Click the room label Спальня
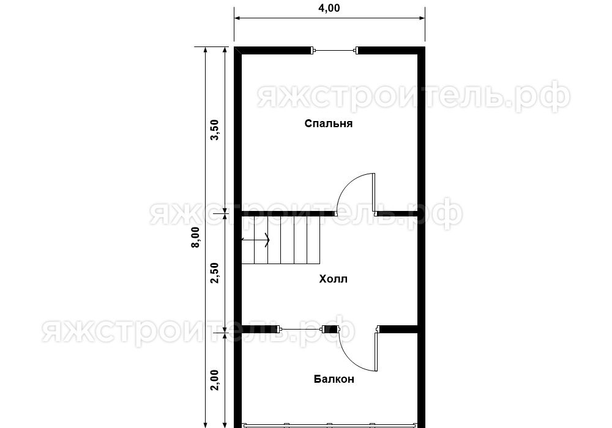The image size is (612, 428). [x=328, y=124]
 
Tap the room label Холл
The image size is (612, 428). [x=333, y=279]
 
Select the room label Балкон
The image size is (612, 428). [x=334, y=379]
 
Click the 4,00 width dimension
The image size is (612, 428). [x=329, y=8]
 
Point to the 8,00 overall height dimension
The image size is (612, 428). [x=195, y=237]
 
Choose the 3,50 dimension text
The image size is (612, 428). [x=215, y=130]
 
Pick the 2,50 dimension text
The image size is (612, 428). [x=215, y=273]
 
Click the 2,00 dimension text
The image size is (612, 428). [x=215, y=380]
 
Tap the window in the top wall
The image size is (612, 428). [x=335, y=50]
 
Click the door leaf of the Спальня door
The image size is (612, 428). [x=373, y=194]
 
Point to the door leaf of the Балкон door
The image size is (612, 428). [x=376, y=351]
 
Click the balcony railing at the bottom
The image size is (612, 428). [x=329, y=426]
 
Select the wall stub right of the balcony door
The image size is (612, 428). [x=398, y=330]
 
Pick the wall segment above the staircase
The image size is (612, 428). [x=288, y=213]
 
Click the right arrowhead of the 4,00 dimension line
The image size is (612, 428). [x=422, y=18]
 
